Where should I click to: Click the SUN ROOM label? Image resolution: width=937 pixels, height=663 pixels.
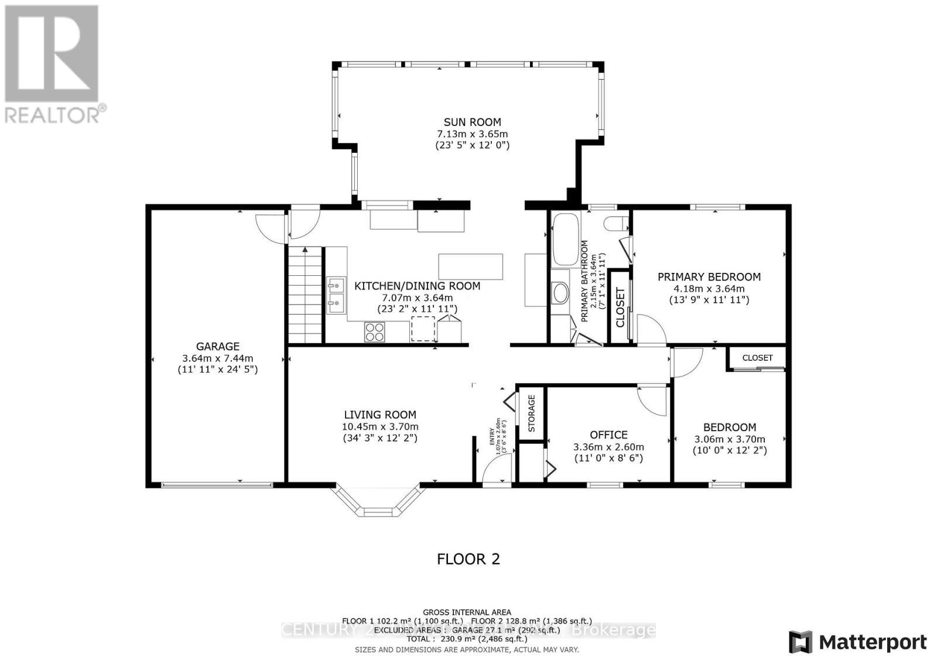(472, 122)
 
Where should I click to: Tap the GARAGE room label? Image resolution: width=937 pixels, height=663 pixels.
(217, 346)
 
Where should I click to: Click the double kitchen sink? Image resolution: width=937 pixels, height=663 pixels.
(336, 295)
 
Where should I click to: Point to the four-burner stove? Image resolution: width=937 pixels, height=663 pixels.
(375, 332)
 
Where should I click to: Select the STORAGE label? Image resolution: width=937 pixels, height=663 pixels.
(532, 413)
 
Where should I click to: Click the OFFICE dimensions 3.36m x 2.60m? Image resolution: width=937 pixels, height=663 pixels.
(608, 447)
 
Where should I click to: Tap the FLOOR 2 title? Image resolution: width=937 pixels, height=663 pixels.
(468, 559)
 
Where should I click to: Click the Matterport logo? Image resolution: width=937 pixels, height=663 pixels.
(858, 643)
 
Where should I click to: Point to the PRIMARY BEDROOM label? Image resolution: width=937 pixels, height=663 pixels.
(709, 277)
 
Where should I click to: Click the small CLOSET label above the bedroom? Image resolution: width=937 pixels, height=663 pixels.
(757, 358)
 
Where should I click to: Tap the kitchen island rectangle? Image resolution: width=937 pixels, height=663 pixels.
(470, 266)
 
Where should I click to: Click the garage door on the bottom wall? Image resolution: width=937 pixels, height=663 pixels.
(217, 484)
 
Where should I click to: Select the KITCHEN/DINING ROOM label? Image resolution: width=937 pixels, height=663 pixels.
(417, 286)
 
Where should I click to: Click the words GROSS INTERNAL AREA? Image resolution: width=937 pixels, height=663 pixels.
(467, 612)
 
